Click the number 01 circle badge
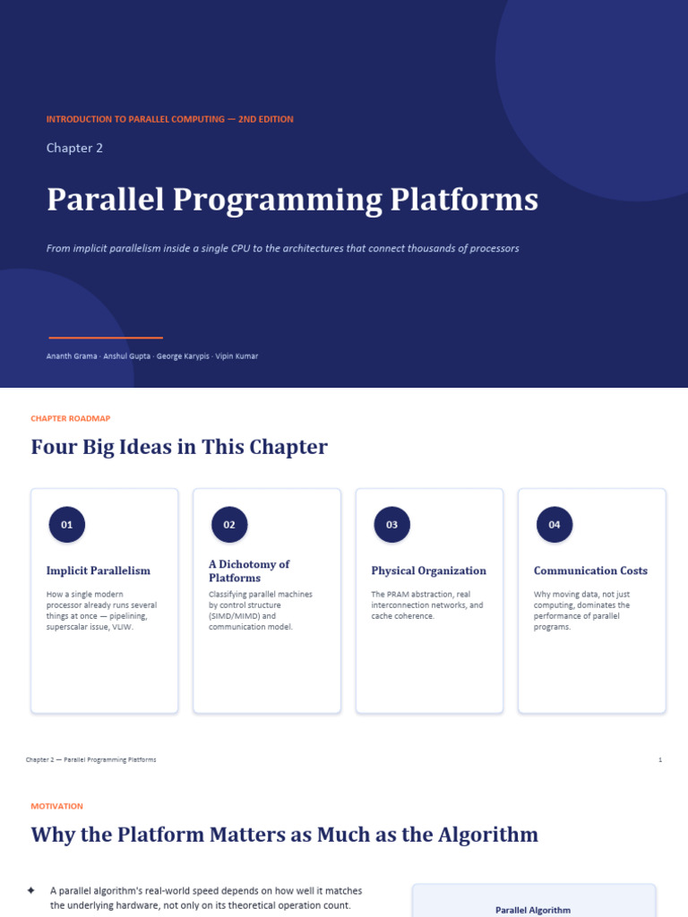(x=66, y=525)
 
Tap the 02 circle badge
(x=229, y=525)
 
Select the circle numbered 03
(x=392, y=525)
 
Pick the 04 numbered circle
(x=555, y=525)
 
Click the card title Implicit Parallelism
(x=99, y=570)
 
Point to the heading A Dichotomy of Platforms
(x=249, y=570)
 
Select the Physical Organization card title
(x=429, y=570)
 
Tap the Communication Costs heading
(x=591, y=570)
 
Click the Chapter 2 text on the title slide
(x=74, y=148)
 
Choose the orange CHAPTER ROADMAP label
(x=70, y=418)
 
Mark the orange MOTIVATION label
(x=56, y=806)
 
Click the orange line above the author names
(x=106, y=338)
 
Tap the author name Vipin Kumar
(x=236, y=356)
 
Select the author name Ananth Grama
(x=72, y=356)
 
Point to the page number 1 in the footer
(x=660, y=759)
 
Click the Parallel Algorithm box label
(x=533, y=910)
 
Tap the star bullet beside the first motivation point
(x=31, y=891)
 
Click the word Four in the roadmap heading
(x=53, y=447)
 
